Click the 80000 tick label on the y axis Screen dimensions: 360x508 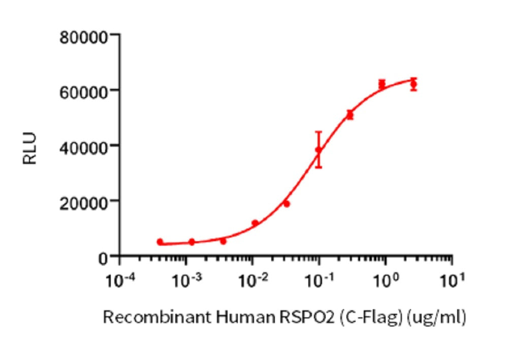(x=83, y=37)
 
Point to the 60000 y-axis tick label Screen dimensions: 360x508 (x=83, y=91)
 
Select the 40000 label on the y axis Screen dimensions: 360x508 (x=83, y=146)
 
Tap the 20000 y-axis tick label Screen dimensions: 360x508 (x=83, y=201)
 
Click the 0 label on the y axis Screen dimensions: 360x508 (x=103, y=257)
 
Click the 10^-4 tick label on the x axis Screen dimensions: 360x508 (x=120, y=279)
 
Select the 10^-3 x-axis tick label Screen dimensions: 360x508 (x=186, y=279)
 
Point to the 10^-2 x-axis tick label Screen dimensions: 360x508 (x=252, y=279)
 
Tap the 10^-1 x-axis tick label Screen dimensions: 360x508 (x=319, y=279)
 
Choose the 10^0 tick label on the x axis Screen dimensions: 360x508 (x=386, y=279)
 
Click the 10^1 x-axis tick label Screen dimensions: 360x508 (x=452, y=279)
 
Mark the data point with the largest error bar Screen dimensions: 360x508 (x=319, y=150)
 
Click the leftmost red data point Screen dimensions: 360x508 (x=160, y=242)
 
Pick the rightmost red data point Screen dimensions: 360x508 (x=414, y=84)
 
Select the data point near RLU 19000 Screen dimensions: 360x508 (x=287, y=204)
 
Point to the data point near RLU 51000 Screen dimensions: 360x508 (x=350, y=115)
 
